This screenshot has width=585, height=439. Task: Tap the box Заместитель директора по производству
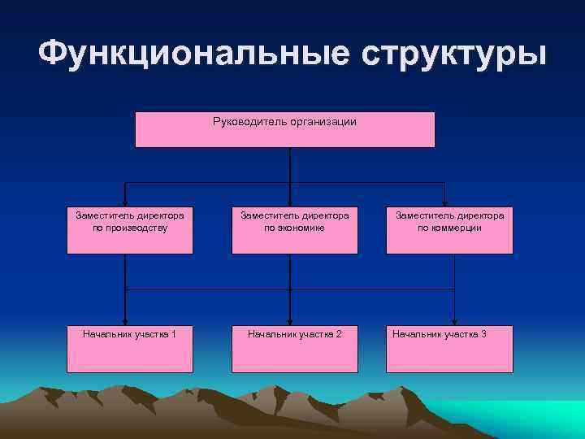(130, 231)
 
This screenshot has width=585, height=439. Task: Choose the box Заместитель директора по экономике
(293, 231)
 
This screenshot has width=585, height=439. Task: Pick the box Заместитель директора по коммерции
(449, 231)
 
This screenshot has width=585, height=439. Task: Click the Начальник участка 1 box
(130, 349)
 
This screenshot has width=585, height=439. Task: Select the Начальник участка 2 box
(293, 349)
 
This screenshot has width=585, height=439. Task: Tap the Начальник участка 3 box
(449, 349)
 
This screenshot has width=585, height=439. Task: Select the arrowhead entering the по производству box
(124, 202)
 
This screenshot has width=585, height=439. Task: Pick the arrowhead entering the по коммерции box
(445, 202)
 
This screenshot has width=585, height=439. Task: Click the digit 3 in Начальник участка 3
(483, 334)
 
